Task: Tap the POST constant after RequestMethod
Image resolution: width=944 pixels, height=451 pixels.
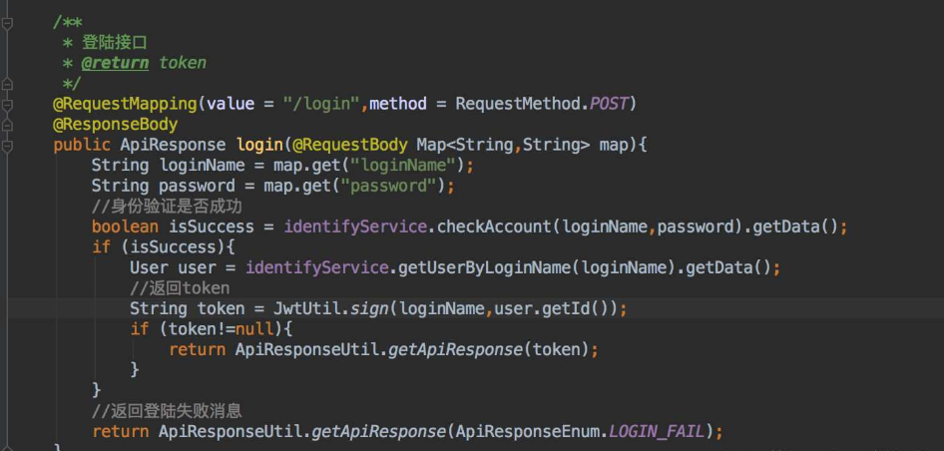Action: pyautogui.click(x=609, y=104)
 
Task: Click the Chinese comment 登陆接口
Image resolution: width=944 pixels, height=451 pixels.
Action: pyautogui.click(x=114, y=42)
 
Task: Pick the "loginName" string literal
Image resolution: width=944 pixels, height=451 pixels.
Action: pyautogui.click(x=411, y=166)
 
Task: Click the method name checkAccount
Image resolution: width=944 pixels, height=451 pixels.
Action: pyautogui.click(x=494, y=227)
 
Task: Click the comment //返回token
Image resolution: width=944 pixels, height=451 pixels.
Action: pyautogui.click(x=180, y=288)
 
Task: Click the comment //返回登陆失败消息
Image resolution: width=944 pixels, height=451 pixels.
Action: pyautogui.click(x=167, y=410)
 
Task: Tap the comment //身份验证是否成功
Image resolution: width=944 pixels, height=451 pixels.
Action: pyautogui.click(x=167, y=207)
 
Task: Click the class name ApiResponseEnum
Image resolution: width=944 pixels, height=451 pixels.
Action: pyautogui.click(x=527, y=431)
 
